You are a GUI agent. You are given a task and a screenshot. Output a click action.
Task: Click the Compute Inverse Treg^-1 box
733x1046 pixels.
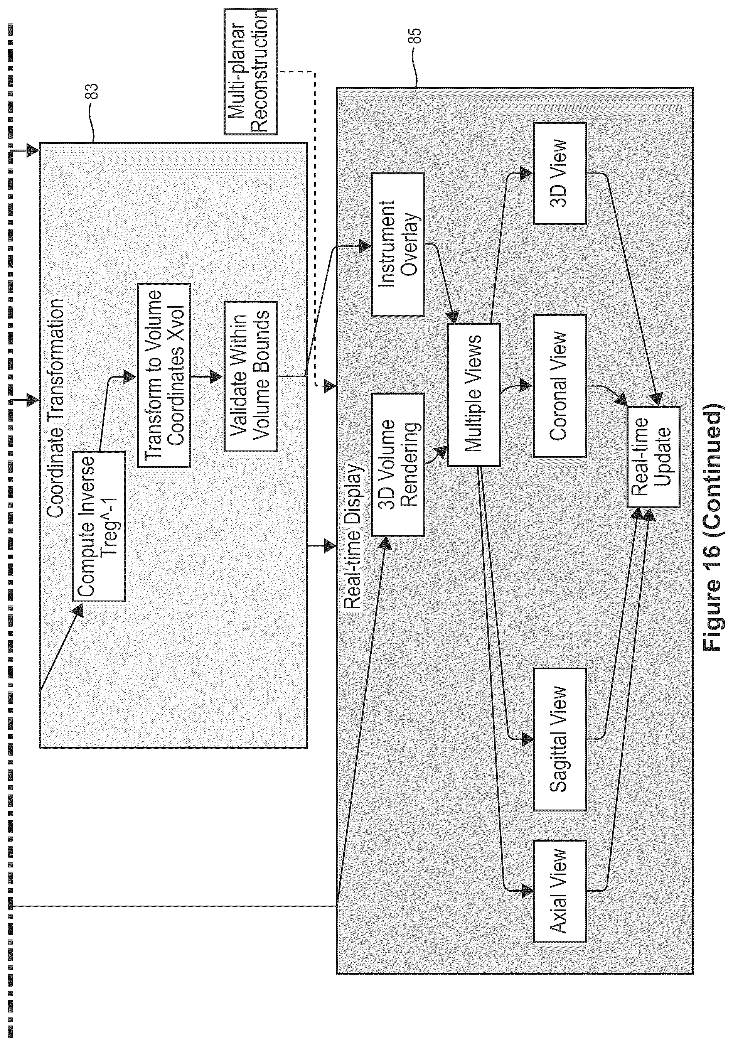pyautogui.click(x=98, y=526)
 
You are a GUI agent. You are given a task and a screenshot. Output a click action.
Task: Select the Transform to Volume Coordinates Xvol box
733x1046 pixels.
pyautogui.click(x=163, y=375)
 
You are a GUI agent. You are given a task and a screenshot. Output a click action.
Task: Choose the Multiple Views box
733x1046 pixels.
pyautogui.click(x=474, y=395)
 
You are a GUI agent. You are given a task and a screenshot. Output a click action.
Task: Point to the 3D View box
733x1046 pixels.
pyautogui.click(x=560, y=173)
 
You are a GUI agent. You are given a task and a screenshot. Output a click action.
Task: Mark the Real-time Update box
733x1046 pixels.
pyautogui.click(x=654, y=457)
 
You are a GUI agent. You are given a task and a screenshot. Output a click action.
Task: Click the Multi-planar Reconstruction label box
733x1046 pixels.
pyautogui.click(x=251, y=71)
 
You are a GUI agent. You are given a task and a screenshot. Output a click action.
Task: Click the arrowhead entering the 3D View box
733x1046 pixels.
pyautogui.click(x=527, y=173)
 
